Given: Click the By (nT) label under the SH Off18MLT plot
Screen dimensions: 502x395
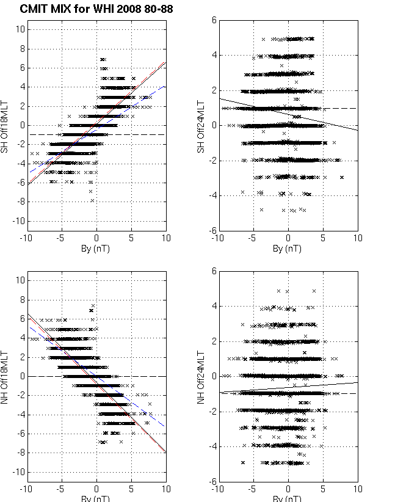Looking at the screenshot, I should [x=96, y=249].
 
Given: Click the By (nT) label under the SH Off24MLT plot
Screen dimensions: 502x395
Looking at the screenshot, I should [x=287, y=249].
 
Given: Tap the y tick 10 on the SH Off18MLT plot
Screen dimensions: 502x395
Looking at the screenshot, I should [x=20, y=29].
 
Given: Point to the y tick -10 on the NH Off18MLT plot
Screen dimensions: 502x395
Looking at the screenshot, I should [x=18, y=472].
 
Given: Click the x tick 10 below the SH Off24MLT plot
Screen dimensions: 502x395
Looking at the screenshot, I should [x=358, y=239].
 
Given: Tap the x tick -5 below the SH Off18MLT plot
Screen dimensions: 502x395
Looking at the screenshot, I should [x=60, y=239].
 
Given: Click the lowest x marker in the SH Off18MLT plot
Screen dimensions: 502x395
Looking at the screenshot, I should [x=93, y=200].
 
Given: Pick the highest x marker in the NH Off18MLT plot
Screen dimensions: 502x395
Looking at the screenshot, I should [x=93, y=305].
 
